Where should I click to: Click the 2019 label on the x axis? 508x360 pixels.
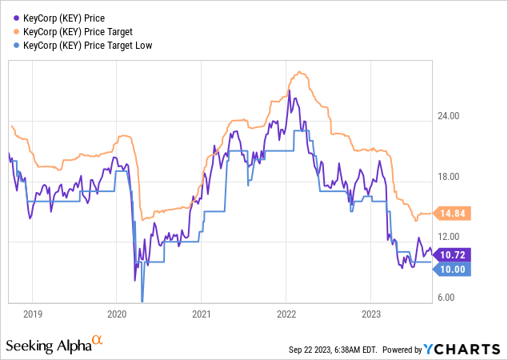[x=32, y=314]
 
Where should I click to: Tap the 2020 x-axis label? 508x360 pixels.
[x=117, y=314]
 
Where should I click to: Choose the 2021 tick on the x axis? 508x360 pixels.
[x=202, y=314]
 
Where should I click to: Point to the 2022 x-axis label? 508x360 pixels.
[x=286, y=314]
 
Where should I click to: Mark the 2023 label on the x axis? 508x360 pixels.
[x=371, y=314]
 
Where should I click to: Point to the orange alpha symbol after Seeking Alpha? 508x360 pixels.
[x=98, y=341]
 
